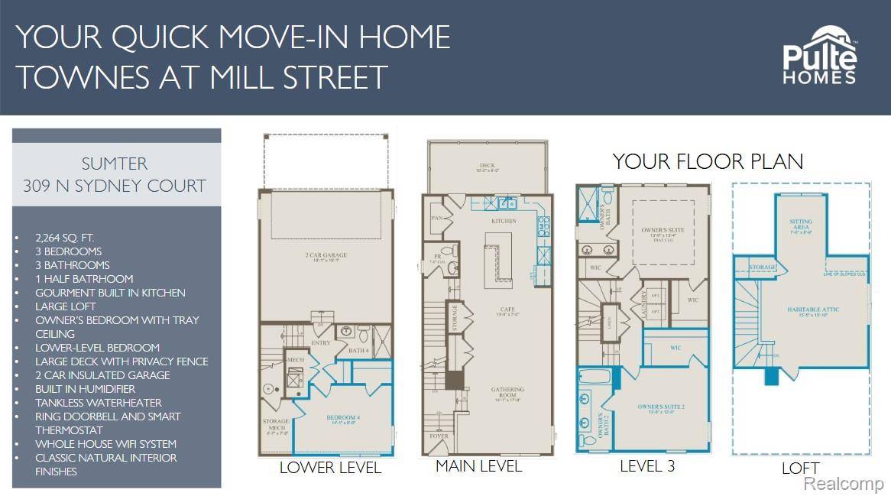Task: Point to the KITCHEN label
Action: pyautogui.click(x=504, y=222)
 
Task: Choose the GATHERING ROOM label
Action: pyautogui.click(x=507, y=393)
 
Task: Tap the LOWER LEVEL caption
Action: pyautogui.click(x=330, y=468)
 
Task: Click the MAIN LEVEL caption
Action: pyautogui.click(x=478, y=465)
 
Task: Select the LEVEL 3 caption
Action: pyautogui.click(x=648, y=465)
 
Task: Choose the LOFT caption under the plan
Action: pyautogui.click(x=800, y=468)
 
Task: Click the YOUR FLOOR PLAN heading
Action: pyautogui.click(x=708, y=162)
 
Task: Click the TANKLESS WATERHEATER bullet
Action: pyautogui.click(x=99, y=403)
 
